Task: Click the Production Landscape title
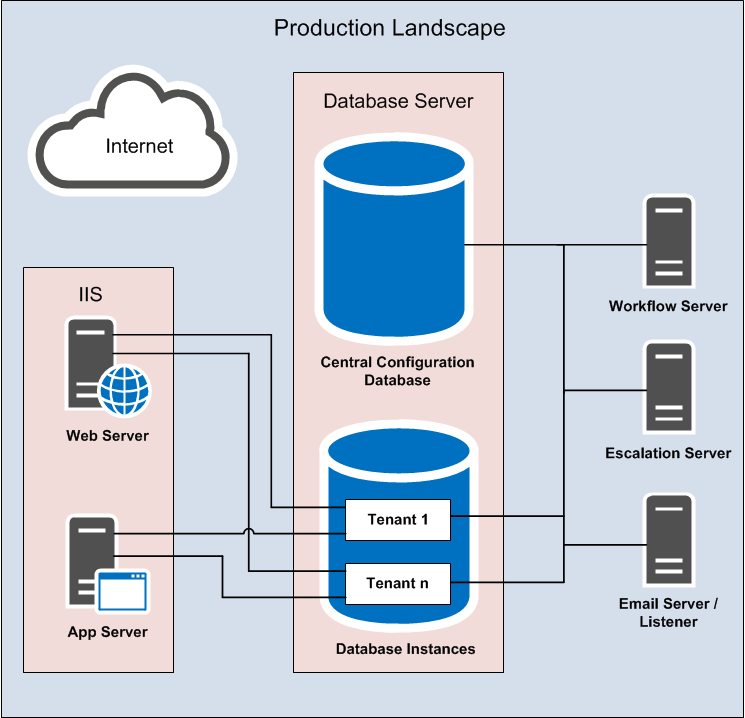tap(389, 27)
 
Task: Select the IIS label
tap(90, 295)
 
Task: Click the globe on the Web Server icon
tap(124, 390)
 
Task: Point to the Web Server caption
tap(107, 436)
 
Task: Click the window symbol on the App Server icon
tap(122, 590)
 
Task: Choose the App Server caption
tap(107, 632)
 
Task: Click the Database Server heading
tap(398, 101)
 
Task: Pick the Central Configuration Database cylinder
tap(393, 240)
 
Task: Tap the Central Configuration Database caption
tap(397, 371)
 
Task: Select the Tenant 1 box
tap(397, 519)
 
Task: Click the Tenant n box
tap(397, 583)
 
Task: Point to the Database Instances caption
tap(405, 649)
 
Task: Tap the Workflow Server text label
tap(668, 306)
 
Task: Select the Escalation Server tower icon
tap(669, 387)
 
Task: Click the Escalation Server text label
tap(668, 453)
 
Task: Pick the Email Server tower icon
tap(669, 540)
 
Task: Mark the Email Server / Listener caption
tap(668, 613)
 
